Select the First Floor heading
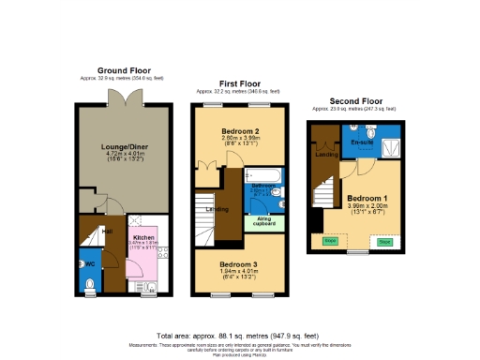click(x=240, y=83)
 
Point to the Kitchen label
click(x=142, y=238)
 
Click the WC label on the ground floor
click(x=90, y=262)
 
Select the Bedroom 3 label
click(x=240, y=265)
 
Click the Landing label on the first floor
click(x=216, y=208)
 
